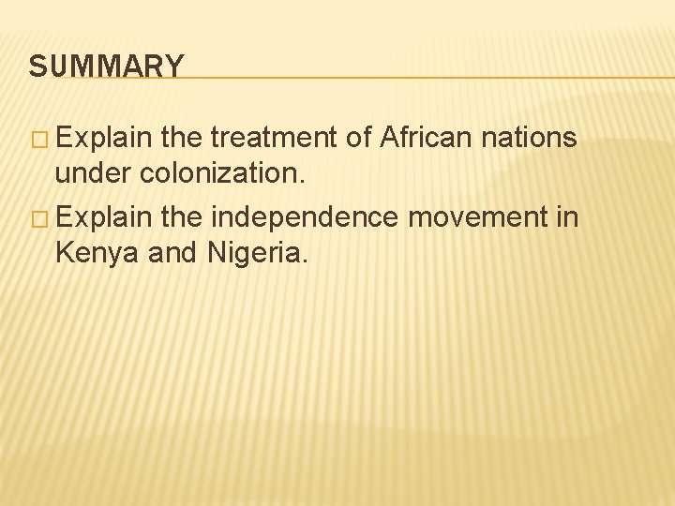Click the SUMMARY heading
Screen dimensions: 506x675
pos(107,67)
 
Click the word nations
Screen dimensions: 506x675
pos(529,139)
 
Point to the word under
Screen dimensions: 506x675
pos(93,172)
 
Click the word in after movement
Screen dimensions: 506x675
pos(567,217)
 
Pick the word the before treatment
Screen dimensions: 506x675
pos(182,139)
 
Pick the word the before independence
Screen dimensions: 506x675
pos(182,217)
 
